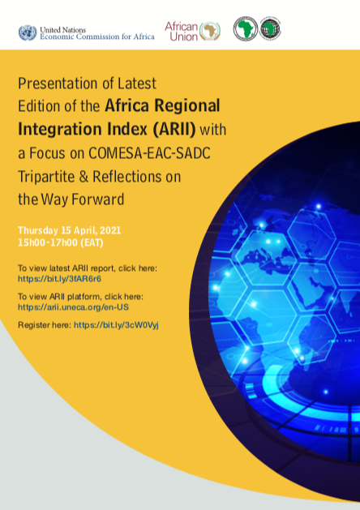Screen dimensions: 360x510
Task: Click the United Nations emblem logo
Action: (x=28, y=33)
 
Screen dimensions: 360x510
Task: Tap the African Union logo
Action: (x=192, y=32)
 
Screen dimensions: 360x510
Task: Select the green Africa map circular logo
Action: (x=246, y=29)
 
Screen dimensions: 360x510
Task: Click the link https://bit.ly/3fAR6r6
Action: (x=59, y=279)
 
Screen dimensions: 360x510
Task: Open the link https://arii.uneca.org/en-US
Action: (x=73, y=307)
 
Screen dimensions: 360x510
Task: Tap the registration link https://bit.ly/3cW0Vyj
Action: (x=116, y=325)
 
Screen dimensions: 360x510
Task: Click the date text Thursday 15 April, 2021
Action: (x=69, y=230)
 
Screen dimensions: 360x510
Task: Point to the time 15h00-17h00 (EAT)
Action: (x=61, y=242)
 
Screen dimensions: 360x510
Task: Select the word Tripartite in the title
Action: (x=46, y=177)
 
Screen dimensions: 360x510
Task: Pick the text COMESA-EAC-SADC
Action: (x=149, y=153)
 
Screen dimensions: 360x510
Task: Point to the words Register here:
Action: (x=45, y=325)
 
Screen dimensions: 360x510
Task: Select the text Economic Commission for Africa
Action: (x=97, y=36)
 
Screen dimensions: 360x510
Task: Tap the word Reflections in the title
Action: (x=126, y=177)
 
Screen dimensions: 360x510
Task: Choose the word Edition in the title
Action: (x=39, y=106)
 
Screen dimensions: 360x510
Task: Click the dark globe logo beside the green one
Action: (x=270, y=29)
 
